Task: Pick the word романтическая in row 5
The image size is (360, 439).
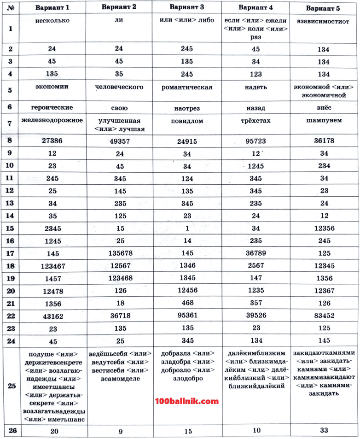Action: tap(186, 88)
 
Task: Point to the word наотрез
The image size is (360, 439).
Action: tap(186, 108)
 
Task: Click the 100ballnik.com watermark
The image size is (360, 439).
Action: tap(186, 401)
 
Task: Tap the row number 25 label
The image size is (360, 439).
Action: tap(12, 386)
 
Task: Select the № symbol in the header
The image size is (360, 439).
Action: tap(10, 8)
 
